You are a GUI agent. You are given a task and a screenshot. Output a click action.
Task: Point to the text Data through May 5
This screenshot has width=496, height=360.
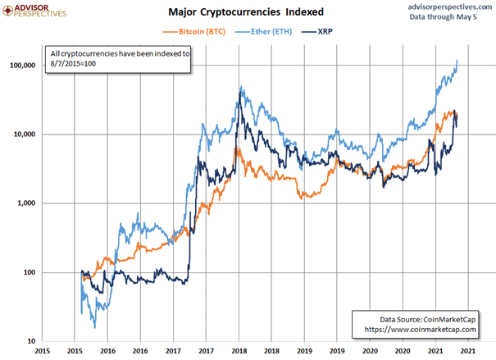[x=444, y=16]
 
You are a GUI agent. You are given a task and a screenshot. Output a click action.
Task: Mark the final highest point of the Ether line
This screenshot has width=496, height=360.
[x=457, y=61]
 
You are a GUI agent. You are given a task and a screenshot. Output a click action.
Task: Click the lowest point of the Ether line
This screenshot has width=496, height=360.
[x=94, y=328]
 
